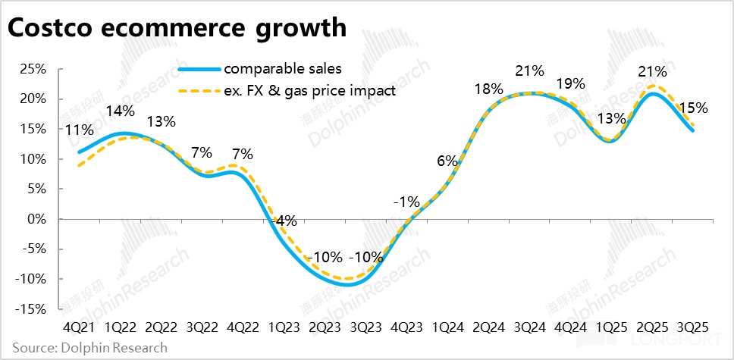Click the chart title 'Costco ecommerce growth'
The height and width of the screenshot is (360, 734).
point(177,29)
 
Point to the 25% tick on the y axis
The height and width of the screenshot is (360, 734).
point(35,69)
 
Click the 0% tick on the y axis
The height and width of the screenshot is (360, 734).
point(39,219)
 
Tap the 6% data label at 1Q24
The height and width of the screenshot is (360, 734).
point(447,161)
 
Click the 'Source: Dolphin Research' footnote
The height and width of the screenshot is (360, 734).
point(84,348)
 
